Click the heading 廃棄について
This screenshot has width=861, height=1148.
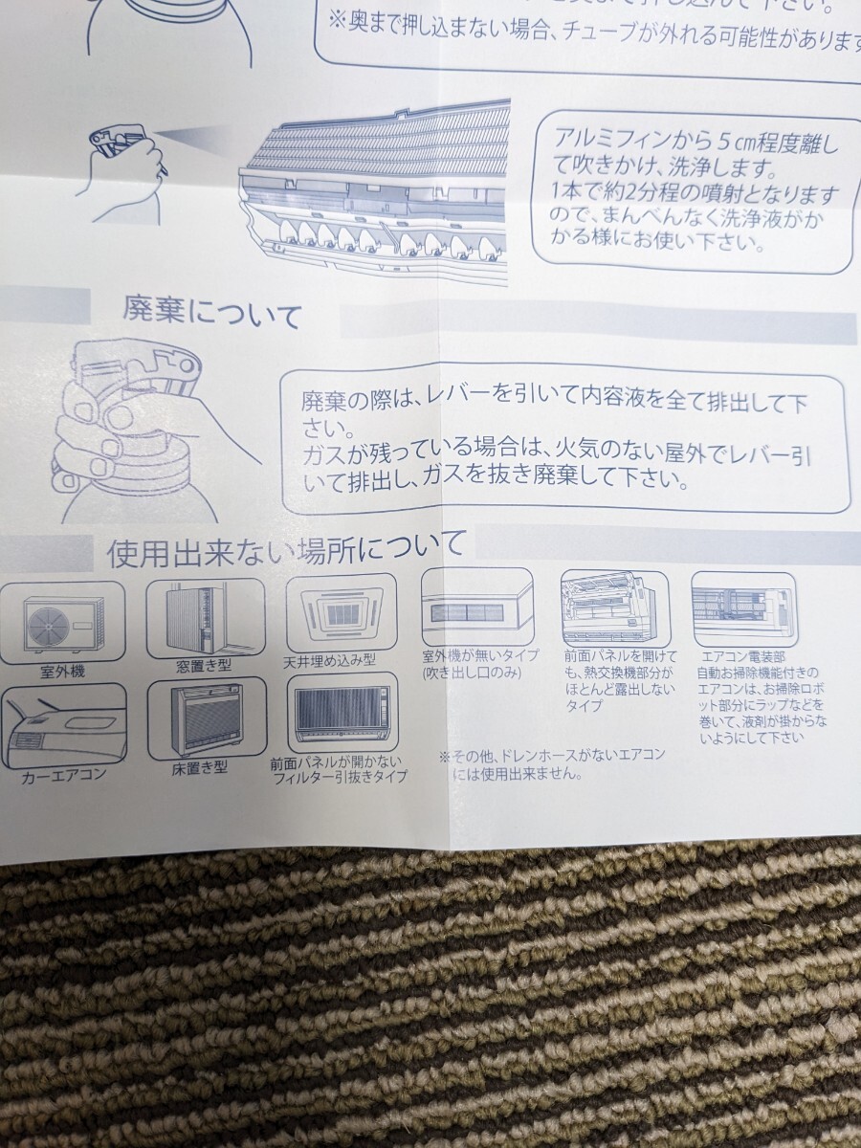coord(211,316)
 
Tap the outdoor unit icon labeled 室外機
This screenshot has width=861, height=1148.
coord(63,621)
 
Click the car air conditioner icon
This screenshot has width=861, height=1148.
coord(63,725)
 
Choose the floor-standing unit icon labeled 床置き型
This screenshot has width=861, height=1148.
coord(208,719)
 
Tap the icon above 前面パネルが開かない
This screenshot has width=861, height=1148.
coord(342,713)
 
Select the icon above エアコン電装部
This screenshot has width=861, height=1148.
coord(743,609)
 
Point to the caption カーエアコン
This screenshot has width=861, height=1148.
coord(64,776)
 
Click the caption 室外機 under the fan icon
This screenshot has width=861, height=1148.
coord(62,672)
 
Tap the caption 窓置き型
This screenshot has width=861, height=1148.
coord(204,666)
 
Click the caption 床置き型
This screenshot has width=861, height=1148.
coord(200,769)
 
